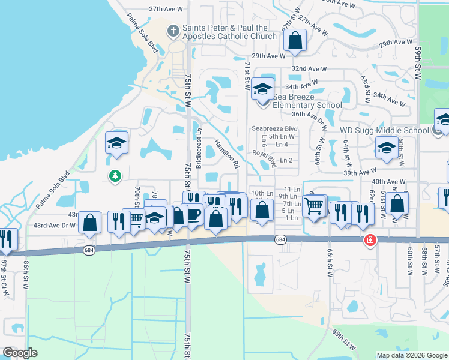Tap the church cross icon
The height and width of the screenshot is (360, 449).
pos(173,31)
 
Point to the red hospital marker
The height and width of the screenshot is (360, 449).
pos(371,240)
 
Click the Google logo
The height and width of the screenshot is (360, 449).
pos(20,353)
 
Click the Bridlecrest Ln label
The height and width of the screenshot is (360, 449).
pos(200,147)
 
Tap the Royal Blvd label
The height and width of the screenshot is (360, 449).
pos(264,158)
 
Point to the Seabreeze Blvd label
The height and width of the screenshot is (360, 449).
pos(274,128)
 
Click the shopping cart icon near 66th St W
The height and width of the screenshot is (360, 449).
pos(314,205)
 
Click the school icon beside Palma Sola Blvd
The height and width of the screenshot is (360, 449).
pos(117,143)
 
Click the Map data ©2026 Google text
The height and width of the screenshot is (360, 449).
pos(412,355)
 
